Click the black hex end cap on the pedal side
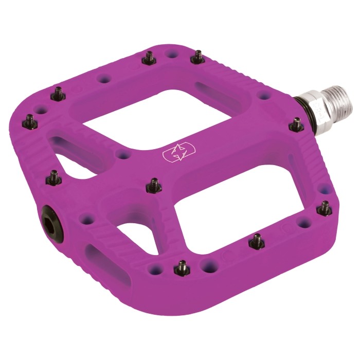coord(52,215)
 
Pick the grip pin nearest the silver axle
coord(296,123)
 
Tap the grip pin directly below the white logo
coord(153,184)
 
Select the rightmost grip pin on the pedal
coord(325,207)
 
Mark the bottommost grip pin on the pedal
coord(181,266)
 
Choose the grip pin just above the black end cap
coord(52,178)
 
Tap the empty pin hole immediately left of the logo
coord(122,154)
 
